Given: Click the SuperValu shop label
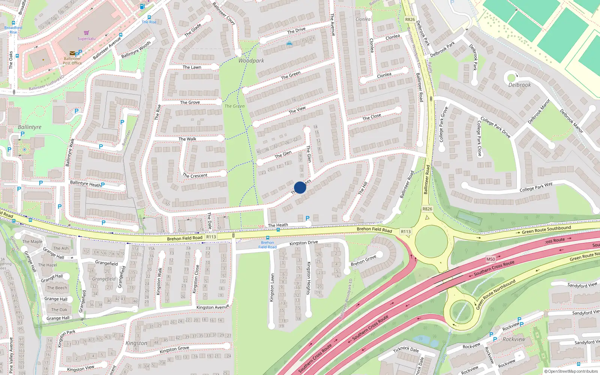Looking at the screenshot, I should point(86,39).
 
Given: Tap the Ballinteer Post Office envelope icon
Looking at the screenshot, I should point(72,54).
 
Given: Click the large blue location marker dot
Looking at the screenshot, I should point(300,187).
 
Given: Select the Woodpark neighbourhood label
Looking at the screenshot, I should point(251,61).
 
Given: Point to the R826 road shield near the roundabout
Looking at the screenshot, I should point(427,209).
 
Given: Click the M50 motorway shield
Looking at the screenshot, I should point(490,259).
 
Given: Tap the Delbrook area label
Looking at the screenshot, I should point(519,85).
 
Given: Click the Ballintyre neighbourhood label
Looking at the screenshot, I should point(30,127).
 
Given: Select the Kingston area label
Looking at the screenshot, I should point(136,343).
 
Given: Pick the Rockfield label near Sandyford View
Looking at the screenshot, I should point(514,339).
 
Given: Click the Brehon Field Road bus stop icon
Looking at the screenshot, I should point(268,238).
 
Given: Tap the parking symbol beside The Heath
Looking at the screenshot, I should point(307,218).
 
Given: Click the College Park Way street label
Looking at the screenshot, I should point(536,187).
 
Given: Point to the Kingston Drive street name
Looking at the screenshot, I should point(303,243).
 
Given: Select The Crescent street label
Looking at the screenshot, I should point(195,175).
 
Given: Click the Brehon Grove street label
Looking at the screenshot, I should point(363,261).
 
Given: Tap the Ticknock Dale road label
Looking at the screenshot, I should point(406,349).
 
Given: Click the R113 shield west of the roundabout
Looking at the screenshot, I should point(406,232).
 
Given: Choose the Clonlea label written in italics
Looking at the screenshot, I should point(363,19).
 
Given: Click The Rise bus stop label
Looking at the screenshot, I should point(149,22).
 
